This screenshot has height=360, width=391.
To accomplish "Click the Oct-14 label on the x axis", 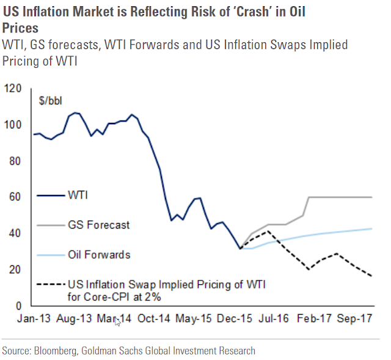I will click(154, 318).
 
